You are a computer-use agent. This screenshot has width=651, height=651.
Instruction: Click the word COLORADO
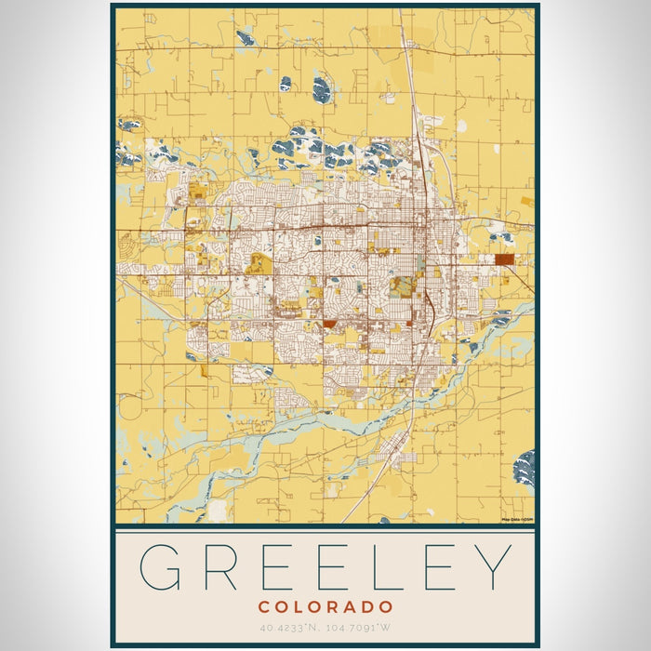click(x=325, y=606)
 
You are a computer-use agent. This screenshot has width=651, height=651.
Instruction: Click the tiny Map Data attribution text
click(x=516, y=519)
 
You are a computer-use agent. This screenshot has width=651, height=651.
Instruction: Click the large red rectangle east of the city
click(x=504, y=259)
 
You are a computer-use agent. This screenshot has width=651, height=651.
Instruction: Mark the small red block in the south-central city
click(x=329, y=324)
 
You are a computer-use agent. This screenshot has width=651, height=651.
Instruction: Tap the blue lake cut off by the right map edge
click(x=526, y=466)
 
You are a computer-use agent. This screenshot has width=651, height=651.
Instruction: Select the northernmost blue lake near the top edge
click(x=246, y=37)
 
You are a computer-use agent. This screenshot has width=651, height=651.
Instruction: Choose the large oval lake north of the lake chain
click(x=322, y=89)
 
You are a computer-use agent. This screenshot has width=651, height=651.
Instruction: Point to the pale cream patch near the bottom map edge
click(x=218, y=511)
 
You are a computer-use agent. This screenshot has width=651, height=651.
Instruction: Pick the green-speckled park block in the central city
click(x=402, y=286)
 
